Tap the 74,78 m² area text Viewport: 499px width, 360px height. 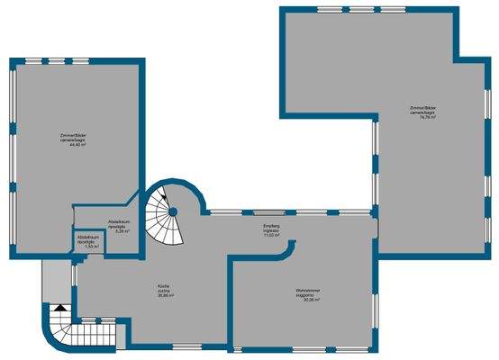422,118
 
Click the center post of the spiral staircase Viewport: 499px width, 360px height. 173,211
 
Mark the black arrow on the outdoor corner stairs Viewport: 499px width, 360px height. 59,309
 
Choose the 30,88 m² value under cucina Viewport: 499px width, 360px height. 164,297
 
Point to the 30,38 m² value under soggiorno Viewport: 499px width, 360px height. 306,300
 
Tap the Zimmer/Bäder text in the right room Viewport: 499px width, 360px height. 422,108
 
